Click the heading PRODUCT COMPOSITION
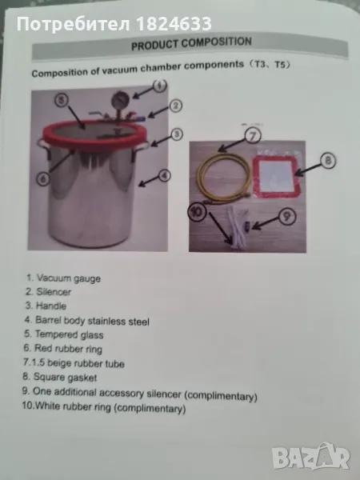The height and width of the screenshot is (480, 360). [191, 43]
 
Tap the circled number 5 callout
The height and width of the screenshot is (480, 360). [62, 100]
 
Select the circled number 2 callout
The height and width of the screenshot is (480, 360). [175, 106]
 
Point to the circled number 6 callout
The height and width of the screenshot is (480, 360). [43, 178]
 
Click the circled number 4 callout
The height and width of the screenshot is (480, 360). [164, 175]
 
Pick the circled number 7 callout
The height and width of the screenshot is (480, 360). [253, 136]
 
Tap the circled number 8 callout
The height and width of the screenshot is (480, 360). [327, 161]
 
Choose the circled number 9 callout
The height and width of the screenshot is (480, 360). [287, 217]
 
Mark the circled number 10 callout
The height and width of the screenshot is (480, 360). [198, 211]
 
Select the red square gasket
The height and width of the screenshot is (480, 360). [277, 176]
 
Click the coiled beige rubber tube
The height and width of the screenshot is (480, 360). [223, 178]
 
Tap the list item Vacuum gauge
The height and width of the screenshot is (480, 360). [63, 278]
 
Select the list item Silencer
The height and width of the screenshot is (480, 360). [48, 292]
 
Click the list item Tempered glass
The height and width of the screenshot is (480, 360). [64, 334]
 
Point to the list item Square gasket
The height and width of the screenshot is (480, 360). [60, 377]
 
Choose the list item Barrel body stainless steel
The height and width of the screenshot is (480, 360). [87, 321]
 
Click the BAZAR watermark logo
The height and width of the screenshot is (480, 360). [311, 457]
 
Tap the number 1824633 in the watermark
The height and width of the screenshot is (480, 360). [174, 24]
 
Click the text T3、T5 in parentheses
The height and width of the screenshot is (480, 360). [269, 66]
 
